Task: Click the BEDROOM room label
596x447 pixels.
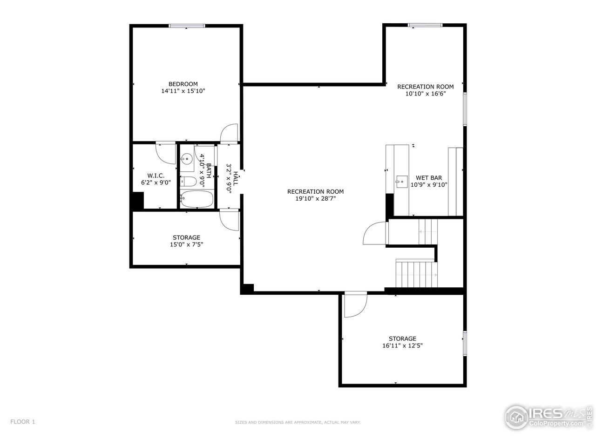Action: point(183,84)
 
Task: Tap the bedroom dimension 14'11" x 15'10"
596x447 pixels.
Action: point(183,91)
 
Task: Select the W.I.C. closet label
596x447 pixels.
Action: point(156,176)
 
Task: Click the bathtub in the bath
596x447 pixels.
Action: point(197,199)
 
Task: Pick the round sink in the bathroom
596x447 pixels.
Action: point(187,159)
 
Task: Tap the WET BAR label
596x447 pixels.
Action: point(428,177)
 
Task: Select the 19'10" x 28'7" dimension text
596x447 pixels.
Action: point(315,198)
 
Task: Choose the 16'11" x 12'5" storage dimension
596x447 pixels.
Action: point(402,345)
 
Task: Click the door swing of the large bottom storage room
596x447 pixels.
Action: point(355,306)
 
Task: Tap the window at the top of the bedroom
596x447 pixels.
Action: point(187,26)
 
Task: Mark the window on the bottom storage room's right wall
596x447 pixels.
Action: point(464,344)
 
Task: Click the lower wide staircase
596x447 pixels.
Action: point(417,274)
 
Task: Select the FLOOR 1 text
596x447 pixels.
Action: point(23,422)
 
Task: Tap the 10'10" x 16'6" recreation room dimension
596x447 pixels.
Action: point(425,94)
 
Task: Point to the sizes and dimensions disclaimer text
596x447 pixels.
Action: point(298,422)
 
